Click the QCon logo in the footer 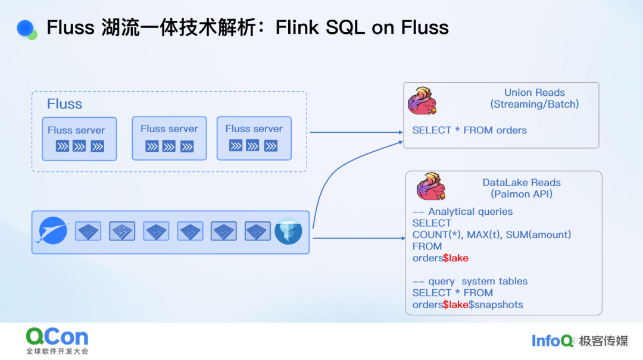click(57, 337)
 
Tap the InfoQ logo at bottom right click(553, 340)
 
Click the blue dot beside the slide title click(25, 28)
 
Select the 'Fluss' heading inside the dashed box click(64, 104)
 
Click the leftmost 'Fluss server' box click(79, 139)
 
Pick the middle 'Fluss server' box click(169, 138)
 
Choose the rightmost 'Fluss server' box click(254, 138)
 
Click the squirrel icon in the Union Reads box click(422, 101)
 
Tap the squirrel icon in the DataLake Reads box click(430, 186)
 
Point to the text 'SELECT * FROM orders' click(470, 130)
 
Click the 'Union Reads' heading click(535, 93)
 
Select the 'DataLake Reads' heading click(522, 183)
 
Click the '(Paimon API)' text click(522, 194)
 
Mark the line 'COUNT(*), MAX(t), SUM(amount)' click(492, 234)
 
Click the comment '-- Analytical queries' click(463, 211)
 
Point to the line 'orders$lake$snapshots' click(468, 305)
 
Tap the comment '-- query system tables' click(470, 281)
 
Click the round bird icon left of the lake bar click(53, 231)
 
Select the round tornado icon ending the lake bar click(289, 231)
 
